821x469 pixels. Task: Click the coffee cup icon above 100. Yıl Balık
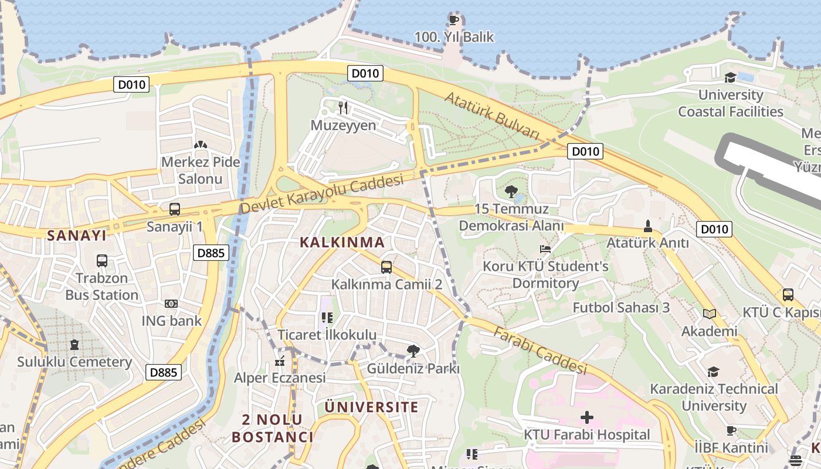click(x=453, y=20)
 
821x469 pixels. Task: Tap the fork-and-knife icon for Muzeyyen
click(x=343, y=107)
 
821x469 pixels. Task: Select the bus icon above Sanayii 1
click(x=174, y=209)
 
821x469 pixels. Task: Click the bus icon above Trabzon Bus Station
click(x=101, y=260)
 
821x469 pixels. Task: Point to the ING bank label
click(x=171, y=321)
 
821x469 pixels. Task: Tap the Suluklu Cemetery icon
click(x=74, y=345)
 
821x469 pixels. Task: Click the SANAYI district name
click(x=77, y=236)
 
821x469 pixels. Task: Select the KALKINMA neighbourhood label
click(x=342, y=242)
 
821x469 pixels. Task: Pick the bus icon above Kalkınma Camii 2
click(x=386, y=267)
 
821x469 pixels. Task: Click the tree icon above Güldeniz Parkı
click(x=413, y=351)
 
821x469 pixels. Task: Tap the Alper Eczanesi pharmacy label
click(x=280, y=378)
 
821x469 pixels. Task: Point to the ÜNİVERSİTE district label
click(x=372, y=407)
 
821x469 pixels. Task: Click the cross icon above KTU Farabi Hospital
click(x=586, y=417)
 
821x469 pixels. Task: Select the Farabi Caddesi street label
click(x=540, y=350)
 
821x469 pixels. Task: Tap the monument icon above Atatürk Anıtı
click(x=647, y=226)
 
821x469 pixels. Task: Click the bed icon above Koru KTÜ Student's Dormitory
click(x=545, y=249)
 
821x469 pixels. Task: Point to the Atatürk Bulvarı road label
click(x=491, y=116)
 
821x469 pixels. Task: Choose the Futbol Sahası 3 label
click(x=621, y=307)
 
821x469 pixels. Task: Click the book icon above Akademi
click(x=710, y=314)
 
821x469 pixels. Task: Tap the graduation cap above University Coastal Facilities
click(x=730, y=77)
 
